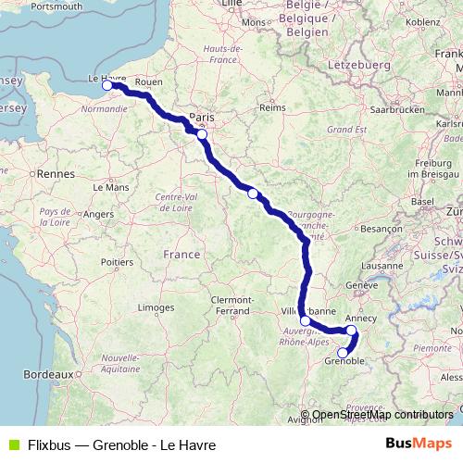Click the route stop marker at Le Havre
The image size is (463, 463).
[107, 85]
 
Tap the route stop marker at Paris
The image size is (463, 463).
[202, 134]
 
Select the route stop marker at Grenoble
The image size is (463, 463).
[343, 353]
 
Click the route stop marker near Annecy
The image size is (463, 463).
[351, 330]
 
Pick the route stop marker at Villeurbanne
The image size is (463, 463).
[306, 320]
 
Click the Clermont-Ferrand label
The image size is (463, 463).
[231, 306]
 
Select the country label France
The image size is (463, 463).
[181, 254]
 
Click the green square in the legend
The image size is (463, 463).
[12, 445]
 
